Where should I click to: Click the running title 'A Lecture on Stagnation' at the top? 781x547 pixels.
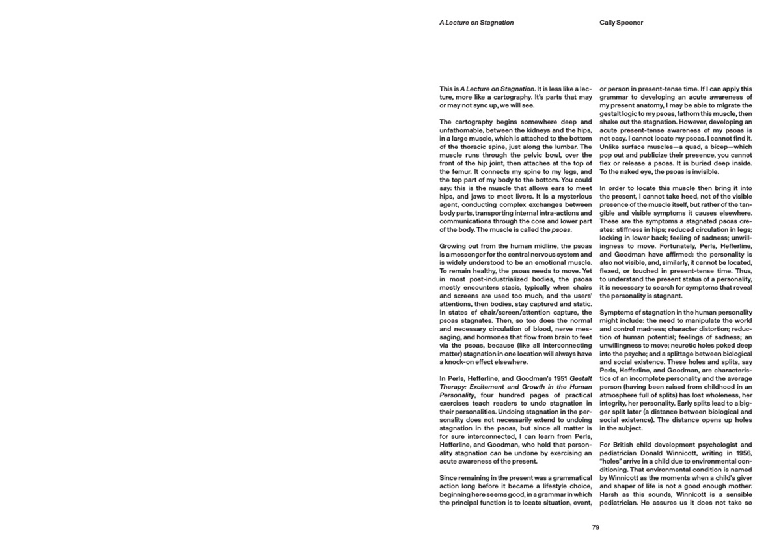[476, 23]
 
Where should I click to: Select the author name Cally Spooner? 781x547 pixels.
[621, 23]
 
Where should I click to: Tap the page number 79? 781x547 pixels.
[596, 527]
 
